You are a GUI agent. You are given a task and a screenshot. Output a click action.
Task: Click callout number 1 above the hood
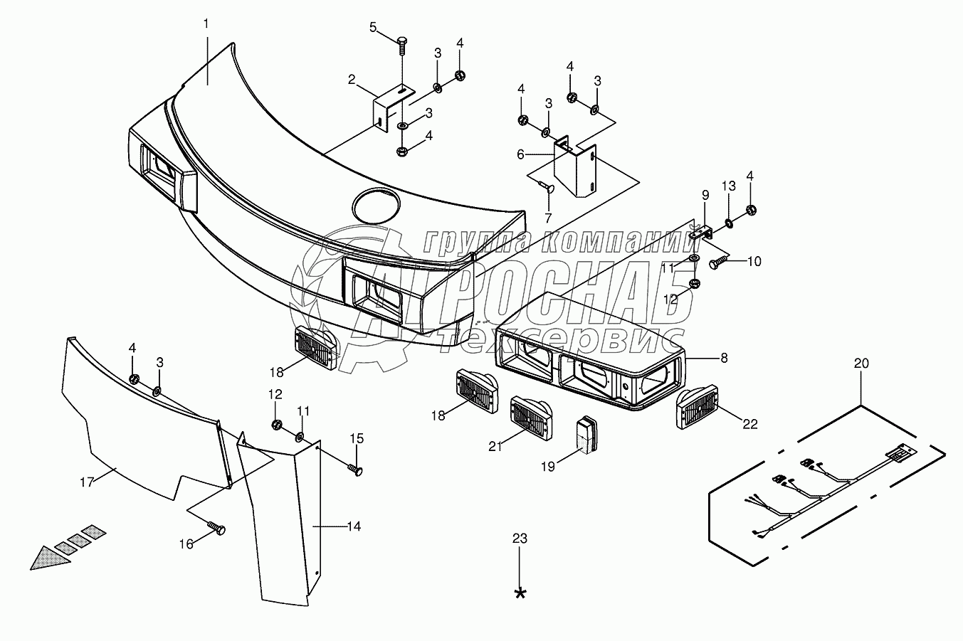(206, 23)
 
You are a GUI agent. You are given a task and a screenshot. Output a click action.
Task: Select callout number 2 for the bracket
(352, 79)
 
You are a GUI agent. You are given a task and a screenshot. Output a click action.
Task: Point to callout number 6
(520, 153)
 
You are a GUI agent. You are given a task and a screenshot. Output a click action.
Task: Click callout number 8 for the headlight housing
(724, 358)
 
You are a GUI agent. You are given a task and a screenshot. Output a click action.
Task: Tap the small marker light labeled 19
(586, 433)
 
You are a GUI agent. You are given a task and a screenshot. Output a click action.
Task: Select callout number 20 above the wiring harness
(861, 363)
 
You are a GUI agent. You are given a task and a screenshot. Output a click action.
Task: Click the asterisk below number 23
(521, 593)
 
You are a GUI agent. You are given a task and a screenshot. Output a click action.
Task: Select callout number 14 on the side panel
(353, 526)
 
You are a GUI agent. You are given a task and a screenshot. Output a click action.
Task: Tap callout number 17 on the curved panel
(87, 482)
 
